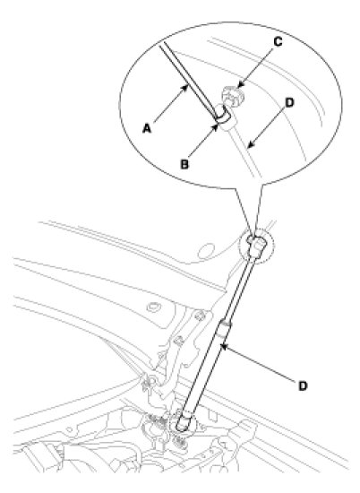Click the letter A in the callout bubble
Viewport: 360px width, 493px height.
click(147, 128)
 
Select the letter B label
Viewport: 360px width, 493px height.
click(184, 164)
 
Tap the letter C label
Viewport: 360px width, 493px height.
click(278, 41)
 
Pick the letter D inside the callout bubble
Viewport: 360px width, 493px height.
click(289, 102)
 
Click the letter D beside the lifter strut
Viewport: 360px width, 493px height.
click(303, 385)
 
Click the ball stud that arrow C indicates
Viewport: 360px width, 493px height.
click(233, 96)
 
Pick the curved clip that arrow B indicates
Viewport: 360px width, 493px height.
click(223, 116)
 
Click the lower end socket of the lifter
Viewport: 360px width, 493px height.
click(183, 421)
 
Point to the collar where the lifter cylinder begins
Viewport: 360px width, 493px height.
click(225, 324)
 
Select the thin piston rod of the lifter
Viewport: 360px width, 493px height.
click(240, 289)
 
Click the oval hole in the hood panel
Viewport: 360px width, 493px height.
click(206, 250)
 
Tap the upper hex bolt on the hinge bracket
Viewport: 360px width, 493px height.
click(199, 315)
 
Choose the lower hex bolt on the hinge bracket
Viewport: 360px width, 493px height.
click(178, 341)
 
